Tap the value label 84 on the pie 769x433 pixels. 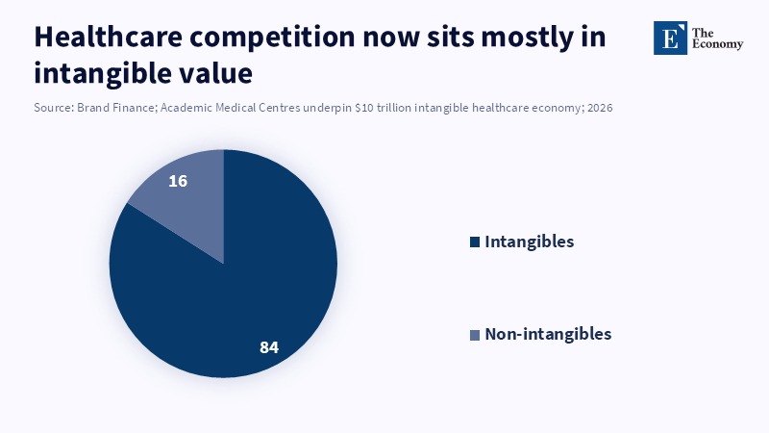[x=269, y=347]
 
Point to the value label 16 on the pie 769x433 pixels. [x=177, y=181]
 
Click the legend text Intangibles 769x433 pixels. [x=530, y=242]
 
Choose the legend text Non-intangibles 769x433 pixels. [x=548, y=334]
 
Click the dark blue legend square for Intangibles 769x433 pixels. [x=475, y=242]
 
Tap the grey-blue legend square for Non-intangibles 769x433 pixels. [x=475, y=335]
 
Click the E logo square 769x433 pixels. [x=670, y=38]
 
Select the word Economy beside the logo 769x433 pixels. [x=717, y=45]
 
